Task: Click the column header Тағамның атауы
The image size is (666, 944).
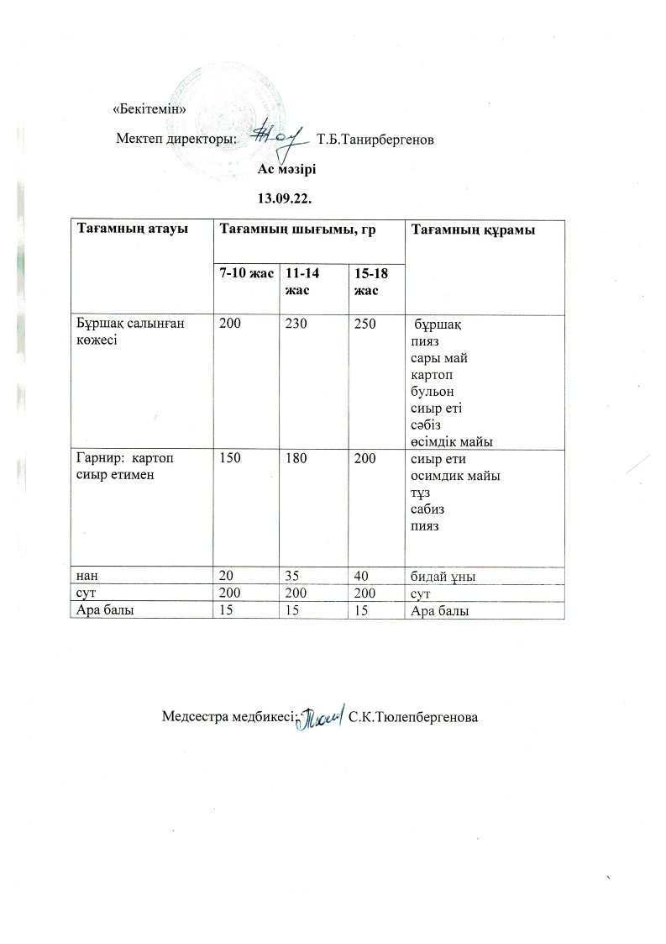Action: coord(132,229)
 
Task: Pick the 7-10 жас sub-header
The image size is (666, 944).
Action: coord(244,273)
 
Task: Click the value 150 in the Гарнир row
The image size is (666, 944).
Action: coord(229,460)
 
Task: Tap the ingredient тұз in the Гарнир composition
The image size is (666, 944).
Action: coord(420,493)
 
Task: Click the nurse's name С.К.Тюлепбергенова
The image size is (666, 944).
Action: coord(412,717)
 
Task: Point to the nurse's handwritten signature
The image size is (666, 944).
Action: coord(323,714)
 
